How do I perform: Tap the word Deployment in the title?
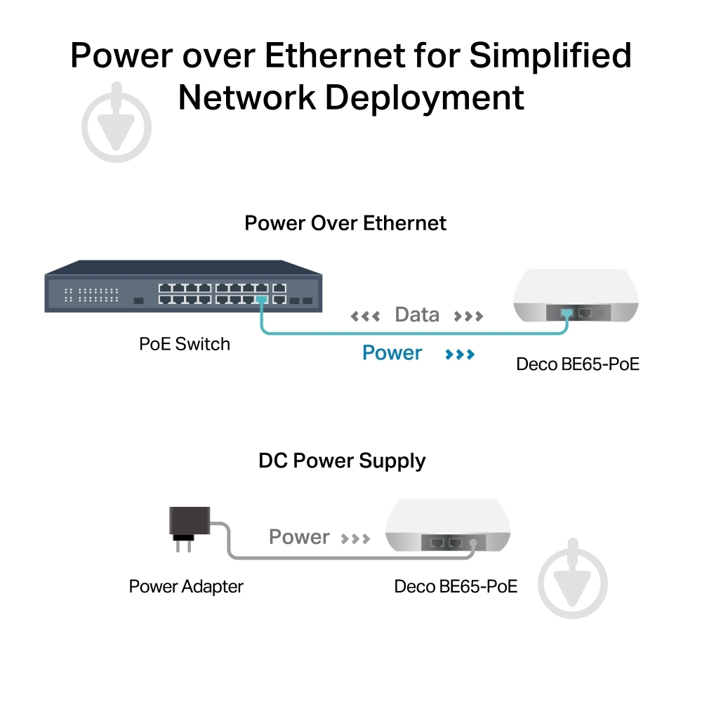(424, 98)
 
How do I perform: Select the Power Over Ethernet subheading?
(345, 223)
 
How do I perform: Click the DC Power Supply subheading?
(342, 461)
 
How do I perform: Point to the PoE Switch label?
(185, 344)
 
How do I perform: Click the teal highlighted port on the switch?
(262, 299)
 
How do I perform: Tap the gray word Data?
(417, 314)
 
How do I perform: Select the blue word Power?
(392, 353)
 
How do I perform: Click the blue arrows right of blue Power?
(460, 355)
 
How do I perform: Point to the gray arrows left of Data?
(365, 317)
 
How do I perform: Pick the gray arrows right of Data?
(468, 317)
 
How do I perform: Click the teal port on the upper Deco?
(567, 313)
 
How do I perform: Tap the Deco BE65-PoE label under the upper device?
(578, 364)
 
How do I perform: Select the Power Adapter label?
(186, 586)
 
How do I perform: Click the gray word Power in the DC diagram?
(299, 537)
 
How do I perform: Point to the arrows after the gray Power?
(355, 538)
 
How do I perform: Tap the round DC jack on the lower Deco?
(473, 543)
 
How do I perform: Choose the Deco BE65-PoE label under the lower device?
(456, 586)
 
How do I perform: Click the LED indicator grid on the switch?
(91, 295)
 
